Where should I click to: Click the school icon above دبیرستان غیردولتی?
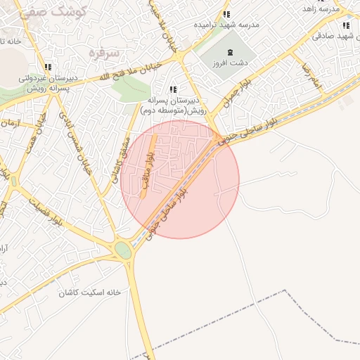coord(47,67)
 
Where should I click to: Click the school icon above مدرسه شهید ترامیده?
coord(226,14)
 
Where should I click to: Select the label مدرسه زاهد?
coord(321,8)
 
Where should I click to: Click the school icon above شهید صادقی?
coord(345,26)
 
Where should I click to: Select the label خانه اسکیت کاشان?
coord(88,292)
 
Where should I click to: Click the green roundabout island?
coord(123,250)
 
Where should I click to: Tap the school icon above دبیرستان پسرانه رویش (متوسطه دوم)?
coord(172,89)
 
